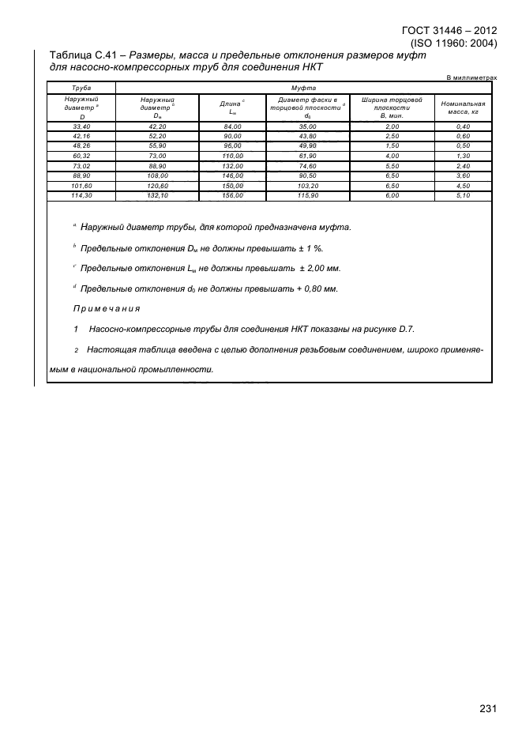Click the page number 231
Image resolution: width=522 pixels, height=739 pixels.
(x=488, y=708)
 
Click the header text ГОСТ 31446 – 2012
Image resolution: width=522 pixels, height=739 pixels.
(x=449, y=31)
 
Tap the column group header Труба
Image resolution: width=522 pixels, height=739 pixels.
(x=81, y=90)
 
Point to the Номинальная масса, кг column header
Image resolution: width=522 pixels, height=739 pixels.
(x=463, y=108)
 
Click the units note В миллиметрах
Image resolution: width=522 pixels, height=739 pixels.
(x=472, y=78)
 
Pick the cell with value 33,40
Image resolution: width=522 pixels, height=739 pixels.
(x=81, y=126)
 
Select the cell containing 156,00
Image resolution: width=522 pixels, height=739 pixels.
(x=232, y=194)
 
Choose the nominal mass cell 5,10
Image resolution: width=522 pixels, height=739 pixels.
(x=463, y=194)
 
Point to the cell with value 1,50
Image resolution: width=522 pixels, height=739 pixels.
(x=392, y=146)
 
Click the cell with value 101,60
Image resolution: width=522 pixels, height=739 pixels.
(x=81, y=185)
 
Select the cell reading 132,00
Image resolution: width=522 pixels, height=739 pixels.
(x=232, y=165)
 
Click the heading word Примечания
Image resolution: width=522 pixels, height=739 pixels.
(x=107, y=308)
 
